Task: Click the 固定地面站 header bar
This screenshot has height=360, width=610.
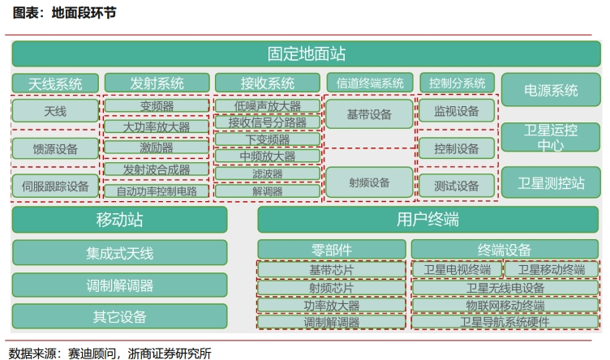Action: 306,54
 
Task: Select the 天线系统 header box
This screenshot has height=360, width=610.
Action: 55,84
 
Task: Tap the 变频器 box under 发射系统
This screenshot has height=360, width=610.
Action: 157,106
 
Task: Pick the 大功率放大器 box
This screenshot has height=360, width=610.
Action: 157,127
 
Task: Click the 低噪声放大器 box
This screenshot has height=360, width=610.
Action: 267,106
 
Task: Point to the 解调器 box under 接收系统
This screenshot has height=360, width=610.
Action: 267,191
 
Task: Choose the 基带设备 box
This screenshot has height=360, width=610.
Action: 368,115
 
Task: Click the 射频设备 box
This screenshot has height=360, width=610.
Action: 368,183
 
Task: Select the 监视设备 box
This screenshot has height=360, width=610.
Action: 457,111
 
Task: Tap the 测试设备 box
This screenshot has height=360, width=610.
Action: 457,186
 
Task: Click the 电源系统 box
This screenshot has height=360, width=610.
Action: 551,91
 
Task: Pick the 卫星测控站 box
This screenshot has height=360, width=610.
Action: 551,182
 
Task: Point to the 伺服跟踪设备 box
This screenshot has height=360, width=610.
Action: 55,186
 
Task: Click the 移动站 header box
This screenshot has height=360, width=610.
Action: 119,220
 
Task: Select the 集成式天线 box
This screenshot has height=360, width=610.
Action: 119,253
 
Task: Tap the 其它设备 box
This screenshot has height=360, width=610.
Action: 119,316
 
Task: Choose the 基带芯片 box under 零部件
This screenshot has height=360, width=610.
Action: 331,269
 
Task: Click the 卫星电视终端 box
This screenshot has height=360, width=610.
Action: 457,269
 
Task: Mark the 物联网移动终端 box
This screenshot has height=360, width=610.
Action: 505,305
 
